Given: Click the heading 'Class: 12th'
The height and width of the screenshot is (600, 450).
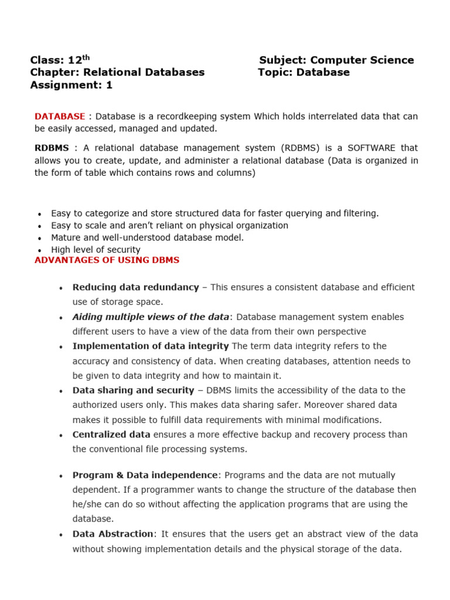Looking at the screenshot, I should coord(60,60).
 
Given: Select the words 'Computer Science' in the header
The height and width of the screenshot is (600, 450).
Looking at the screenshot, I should coord(362,60).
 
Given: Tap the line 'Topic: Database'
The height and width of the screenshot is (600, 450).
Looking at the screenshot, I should coord(304,72).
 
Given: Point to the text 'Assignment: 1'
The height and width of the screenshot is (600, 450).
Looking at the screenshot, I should coord(71,85).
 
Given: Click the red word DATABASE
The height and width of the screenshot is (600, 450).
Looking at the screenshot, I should coord(60,116).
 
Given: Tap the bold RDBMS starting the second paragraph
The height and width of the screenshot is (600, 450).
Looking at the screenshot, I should coord(52,148).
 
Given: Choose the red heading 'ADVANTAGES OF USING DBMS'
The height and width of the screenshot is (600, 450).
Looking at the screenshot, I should coord(107,260).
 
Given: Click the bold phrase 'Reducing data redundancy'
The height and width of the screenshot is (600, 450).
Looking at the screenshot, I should coord(135,287).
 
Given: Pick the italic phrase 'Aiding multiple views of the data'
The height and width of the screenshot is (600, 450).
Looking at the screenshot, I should coord(151,317).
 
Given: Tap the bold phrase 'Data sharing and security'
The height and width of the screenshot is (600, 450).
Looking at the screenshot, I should coord(133,390).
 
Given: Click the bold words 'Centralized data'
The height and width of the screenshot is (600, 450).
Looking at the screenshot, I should coord(111,434).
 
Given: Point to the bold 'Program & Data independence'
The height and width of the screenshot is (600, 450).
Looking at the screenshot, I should coord(145,475).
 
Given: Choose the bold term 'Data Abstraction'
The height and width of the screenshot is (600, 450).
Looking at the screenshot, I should coord(112,534).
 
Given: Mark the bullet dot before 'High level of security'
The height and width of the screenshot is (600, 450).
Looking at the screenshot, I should coord(39,251).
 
